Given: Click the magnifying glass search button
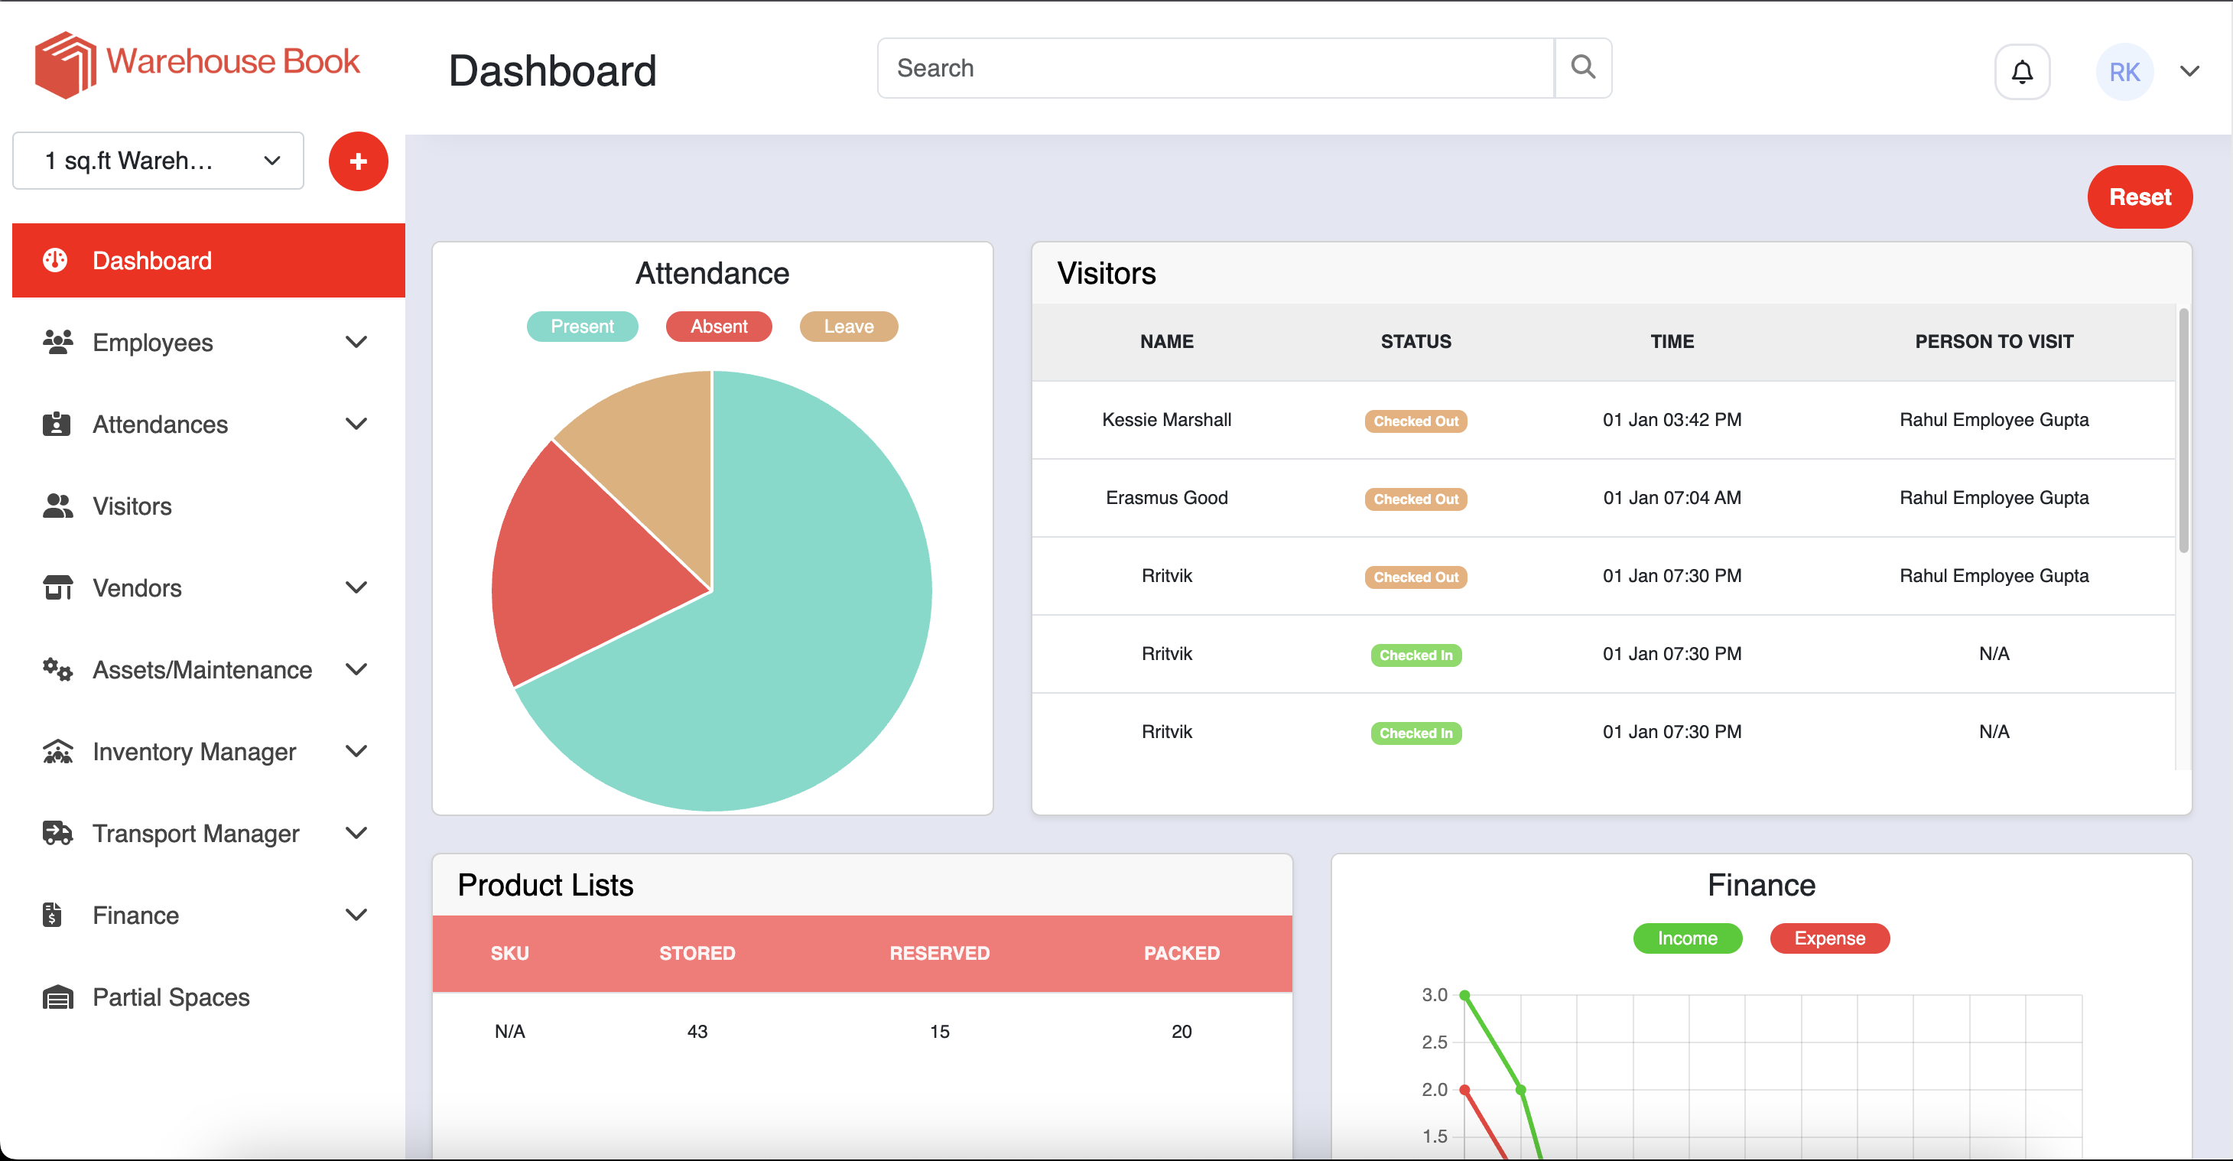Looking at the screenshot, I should [x=1583, y=67].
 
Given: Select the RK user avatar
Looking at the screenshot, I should [x=2124, y=72].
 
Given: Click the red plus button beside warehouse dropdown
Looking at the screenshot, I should [x=358, y=161].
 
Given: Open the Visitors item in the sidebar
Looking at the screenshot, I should [x=132, y=506].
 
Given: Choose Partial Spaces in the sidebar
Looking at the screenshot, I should [x=171, y=997].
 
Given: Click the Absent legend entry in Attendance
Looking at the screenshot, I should [x=719, y=326].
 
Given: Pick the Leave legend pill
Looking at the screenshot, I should [x=848, y=326].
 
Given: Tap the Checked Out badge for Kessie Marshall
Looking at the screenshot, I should [x=1416, y=421].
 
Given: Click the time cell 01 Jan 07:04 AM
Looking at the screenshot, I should [x=1671, y=498].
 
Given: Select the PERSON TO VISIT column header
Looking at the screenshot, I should [x=1993, y=342].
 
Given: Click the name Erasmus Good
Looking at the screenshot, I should [x=1166, y=498].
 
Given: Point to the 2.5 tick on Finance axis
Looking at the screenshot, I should [x=1434, y=1042].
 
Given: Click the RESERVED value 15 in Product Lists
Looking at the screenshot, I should [x=939, y=1031].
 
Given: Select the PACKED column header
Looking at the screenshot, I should [x=1181, y=953].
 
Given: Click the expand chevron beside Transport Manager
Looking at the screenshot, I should [x=356, y=832].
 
